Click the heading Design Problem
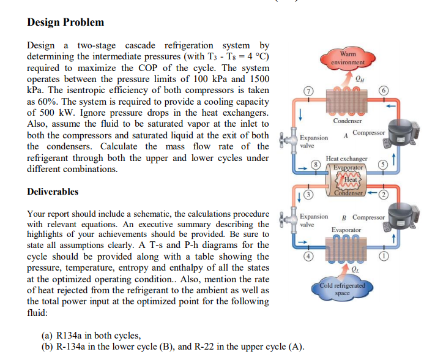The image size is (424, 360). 65,23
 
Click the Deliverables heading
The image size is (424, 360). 53,192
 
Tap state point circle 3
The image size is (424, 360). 308,195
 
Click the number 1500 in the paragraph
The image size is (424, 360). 257,79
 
